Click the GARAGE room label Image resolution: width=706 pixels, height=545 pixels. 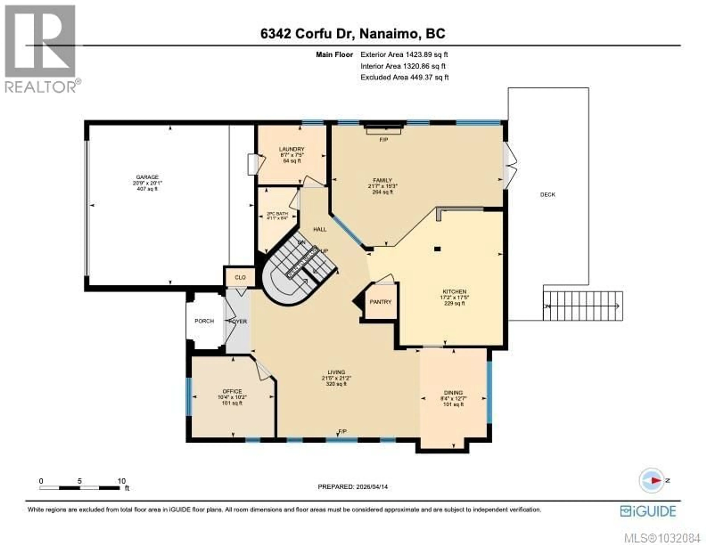tap(147, 177)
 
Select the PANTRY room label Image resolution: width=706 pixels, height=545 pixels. tap(380, 302)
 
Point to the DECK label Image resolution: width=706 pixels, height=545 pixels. tap(548, 195)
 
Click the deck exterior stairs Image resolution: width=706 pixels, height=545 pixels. tap(582, 306)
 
